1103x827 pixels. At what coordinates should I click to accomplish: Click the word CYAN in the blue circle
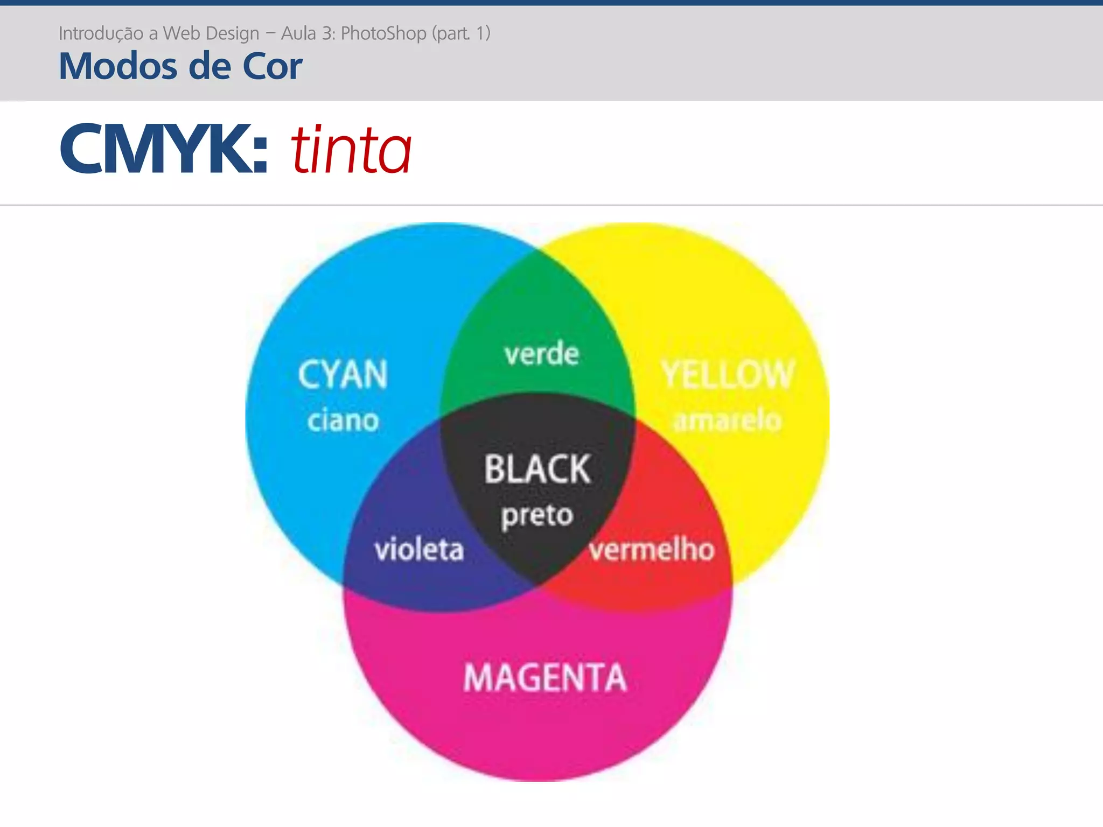coord(343,375)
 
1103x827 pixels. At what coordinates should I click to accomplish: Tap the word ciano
coord(343,420)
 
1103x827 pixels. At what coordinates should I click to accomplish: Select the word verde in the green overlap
coord(541,354)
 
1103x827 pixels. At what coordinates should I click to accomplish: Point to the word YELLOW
coord(728,375)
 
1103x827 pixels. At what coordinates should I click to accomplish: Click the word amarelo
coord(727,420)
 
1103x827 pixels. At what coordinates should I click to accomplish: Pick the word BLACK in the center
coord(537,469)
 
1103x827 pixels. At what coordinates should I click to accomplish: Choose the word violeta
coord(419,550)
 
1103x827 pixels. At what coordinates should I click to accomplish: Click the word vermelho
coord(652,550)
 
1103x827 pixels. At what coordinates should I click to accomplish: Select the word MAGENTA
coord(545,677)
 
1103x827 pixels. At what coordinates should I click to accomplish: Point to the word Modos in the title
coord(118,66)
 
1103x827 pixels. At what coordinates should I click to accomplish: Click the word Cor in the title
coord(272,66)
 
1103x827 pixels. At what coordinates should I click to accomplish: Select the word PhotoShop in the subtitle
coord(383,33)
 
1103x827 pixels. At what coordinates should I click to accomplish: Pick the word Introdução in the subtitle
coord(101,33)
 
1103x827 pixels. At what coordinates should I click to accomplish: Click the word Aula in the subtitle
coord(298,33)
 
